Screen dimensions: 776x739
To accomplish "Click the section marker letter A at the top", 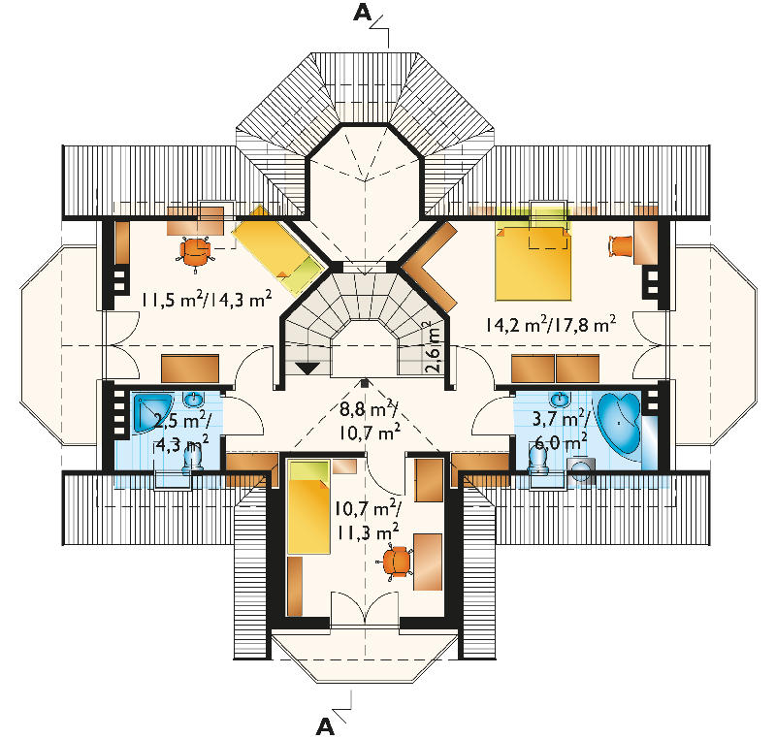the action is tap(362, 13).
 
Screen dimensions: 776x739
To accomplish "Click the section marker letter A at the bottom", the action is tap(325, 726).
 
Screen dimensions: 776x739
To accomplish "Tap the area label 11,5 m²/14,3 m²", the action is tap(207, 300).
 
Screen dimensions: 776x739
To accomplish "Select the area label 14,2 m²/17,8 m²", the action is tap(550, 325).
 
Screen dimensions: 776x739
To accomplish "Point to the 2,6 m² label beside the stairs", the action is tap(432, 347).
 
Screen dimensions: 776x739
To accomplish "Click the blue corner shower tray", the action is tap(152, 413).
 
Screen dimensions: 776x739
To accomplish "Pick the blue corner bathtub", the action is tap(619, 422).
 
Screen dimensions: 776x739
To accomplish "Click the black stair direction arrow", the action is tap(307, 369).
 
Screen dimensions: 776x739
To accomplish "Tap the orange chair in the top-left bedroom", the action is tap(196, 252).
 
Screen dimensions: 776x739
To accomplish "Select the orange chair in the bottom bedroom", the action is tap(396, 562).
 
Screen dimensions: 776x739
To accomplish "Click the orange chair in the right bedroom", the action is tap(621, 245).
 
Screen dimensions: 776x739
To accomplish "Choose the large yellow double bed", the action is tap(533, 263).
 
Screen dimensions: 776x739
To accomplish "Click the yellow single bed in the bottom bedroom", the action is tap(308, 507).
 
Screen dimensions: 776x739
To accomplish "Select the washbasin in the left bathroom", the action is tap(193, 399).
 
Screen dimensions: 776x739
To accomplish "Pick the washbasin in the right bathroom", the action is tap(560, 399).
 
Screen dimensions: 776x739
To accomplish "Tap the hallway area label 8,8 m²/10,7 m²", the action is tap(370, 421).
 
